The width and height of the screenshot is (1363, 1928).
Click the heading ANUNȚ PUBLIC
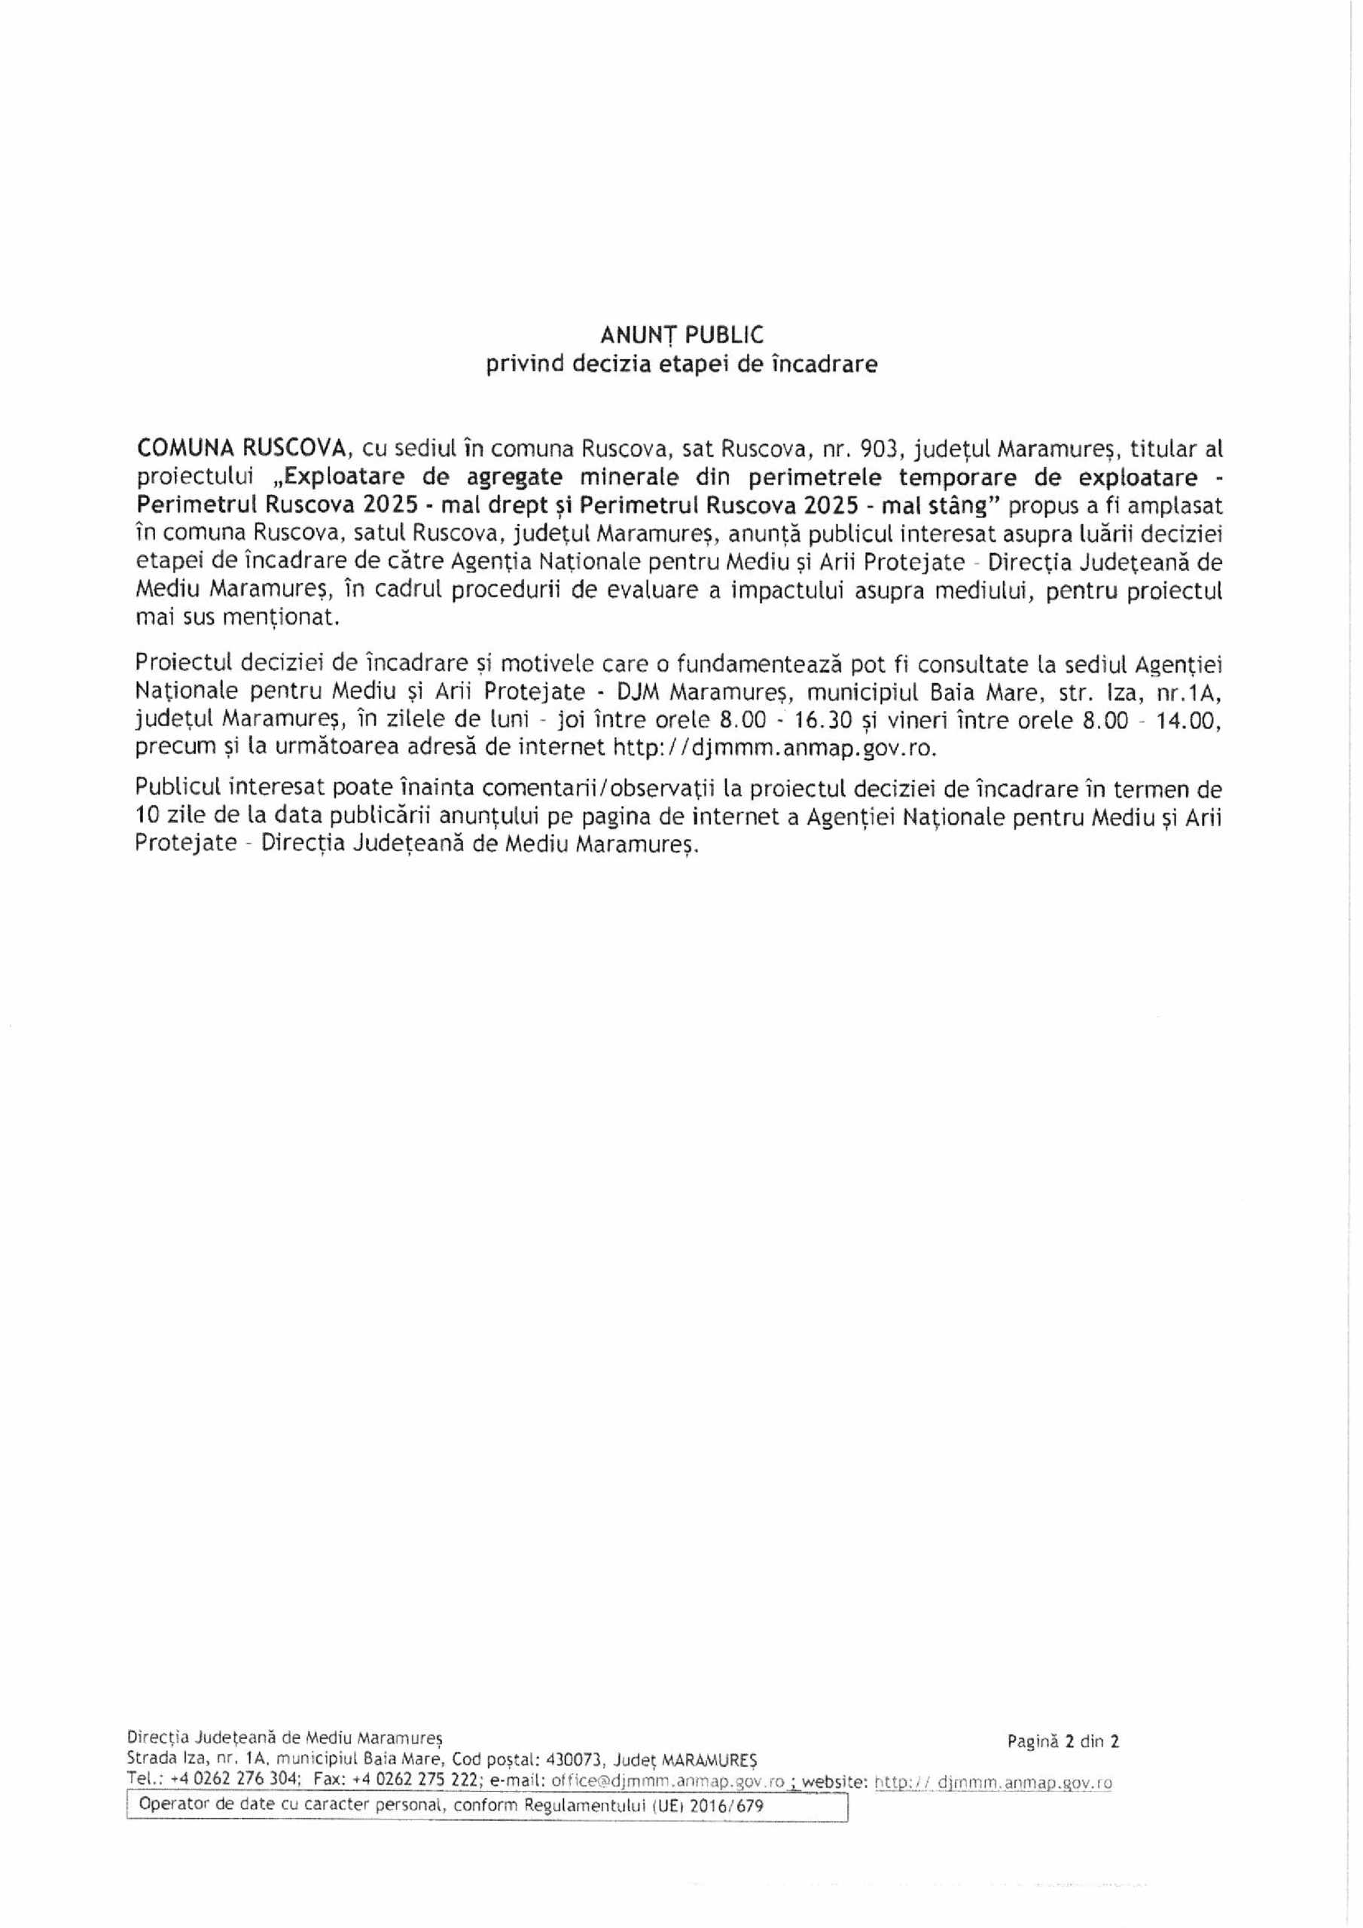pos(681,335)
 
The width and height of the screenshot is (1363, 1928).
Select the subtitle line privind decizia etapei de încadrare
pos(681,365)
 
